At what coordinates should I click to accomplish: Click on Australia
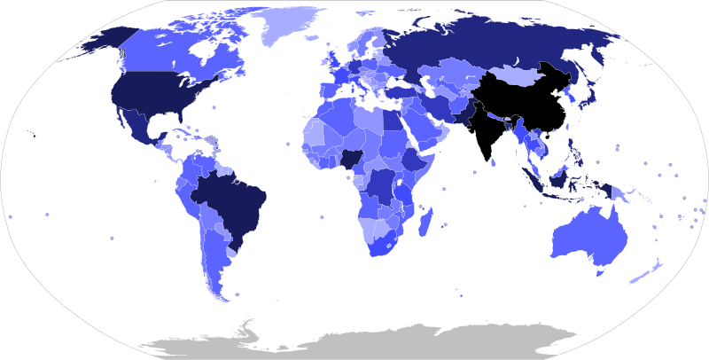[x=589, y=235]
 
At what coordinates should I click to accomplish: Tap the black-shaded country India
[x=486, y=133]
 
